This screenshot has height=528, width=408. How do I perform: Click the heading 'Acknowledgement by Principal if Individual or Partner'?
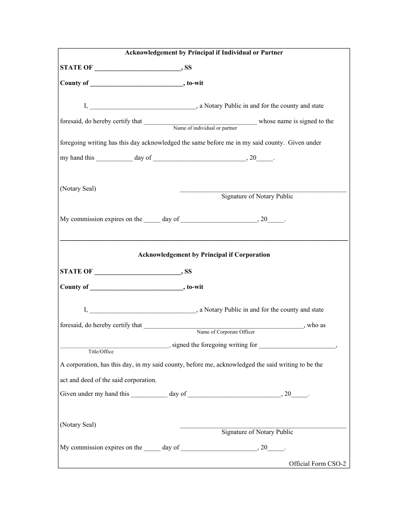(x=204, y=53)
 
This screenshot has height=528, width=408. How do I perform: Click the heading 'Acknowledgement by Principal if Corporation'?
(x=204, y=255)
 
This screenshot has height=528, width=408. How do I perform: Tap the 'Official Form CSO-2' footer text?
(x=317, y=464)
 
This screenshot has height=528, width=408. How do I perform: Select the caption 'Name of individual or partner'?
(x=205, y=128)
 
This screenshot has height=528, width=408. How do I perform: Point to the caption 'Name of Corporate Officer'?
(x=225, y=332)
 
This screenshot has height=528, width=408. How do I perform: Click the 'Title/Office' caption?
(x=101, y=352)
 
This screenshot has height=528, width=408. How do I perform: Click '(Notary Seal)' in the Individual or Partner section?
(x=78, y=189)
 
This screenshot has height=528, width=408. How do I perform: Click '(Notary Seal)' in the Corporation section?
(x=78, y=425)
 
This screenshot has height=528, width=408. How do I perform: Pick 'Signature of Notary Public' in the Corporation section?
(x=257, y=432)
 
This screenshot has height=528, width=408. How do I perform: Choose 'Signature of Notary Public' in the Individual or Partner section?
(x=257, y=197)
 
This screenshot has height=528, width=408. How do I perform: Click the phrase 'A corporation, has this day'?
(x=96, y=365)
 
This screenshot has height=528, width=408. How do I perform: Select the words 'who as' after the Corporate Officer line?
(x=317, y=325)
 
